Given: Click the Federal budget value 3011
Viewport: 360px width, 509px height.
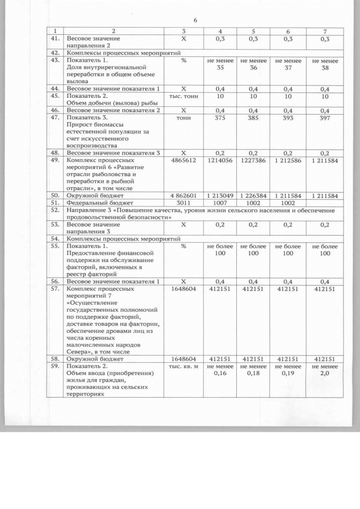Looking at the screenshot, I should coord(183,202).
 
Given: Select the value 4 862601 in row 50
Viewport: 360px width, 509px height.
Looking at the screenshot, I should coord(183,195).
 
